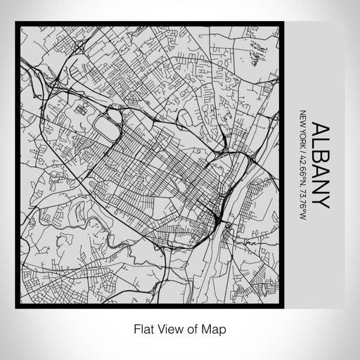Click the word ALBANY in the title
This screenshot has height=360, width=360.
319,166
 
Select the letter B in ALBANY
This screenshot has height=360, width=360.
319,158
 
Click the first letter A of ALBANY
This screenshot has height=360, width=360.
319,130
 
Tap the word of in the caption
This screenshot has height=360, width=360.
190,328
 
